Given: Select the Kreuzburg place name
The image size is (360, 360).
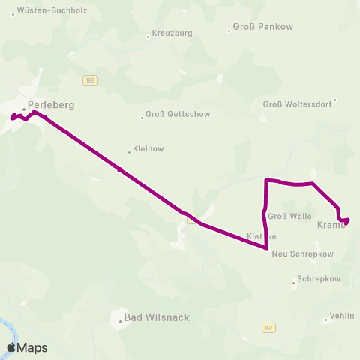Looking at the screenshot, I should click(x=172, y=34).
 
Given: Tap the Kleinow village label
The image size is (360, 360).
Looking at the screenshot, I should click(x=148, y=149).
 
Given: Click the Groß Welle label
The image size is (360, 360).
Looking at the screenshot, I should click(x=289, y=217).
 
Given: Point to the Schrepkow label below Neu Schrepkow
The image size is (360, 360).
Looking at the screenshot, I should click(x=315, y=278).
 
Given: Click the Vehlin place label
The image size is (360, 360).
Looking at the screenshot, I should click(x=342, y=316).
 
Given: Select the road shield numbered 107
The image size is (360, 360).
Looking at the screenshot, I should click(x=268, y=328).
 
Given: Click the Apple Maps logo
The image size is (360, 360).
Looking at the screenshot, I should click(x=27, y=348).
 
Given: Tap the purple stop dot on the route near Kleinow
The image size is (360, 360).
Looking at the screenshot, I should click(x=119, y=169).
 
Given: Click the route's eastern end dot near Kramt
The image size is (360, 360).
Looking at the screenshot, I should click(x=346, y=220).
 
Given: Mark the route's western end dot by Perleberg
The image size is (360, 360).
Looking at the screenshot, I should click(x=12, y=117).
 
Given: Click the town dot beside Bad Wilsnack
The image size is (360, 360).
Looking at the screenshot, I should click(x=120, y=322).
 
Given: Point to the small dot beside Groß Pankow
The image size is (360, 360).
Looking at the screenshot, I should click(x=229, y=31).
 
